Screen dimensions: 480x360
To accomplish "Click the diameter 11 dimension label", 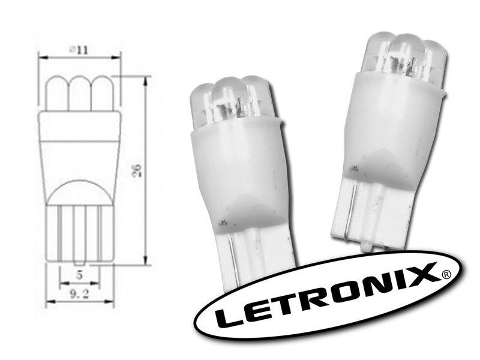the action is tap(79, 50).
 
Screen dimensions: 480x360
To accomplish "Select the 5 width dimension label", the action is tap(80, 275).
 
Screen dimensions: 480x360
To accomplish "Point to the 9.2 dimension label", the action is tap(79, 295).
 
